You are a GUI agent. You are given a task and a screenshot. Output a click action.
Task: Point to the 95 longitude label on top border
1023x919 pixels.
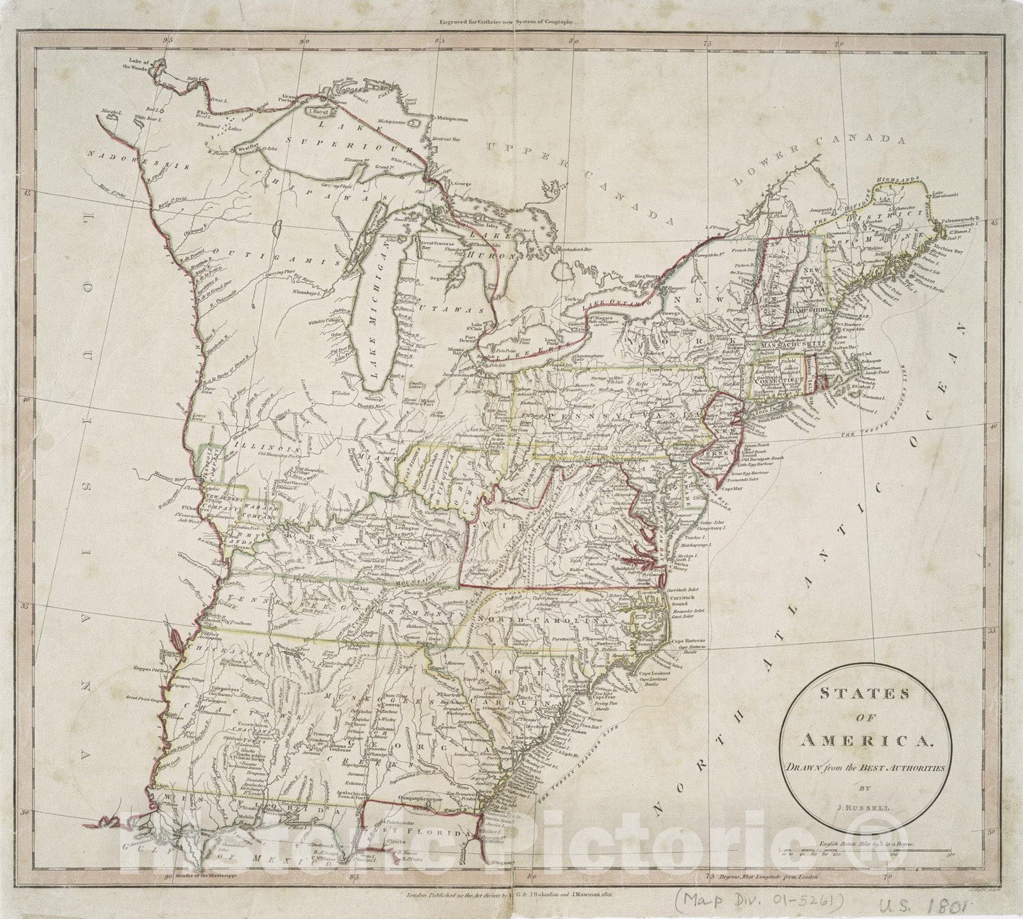[170, 40]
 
